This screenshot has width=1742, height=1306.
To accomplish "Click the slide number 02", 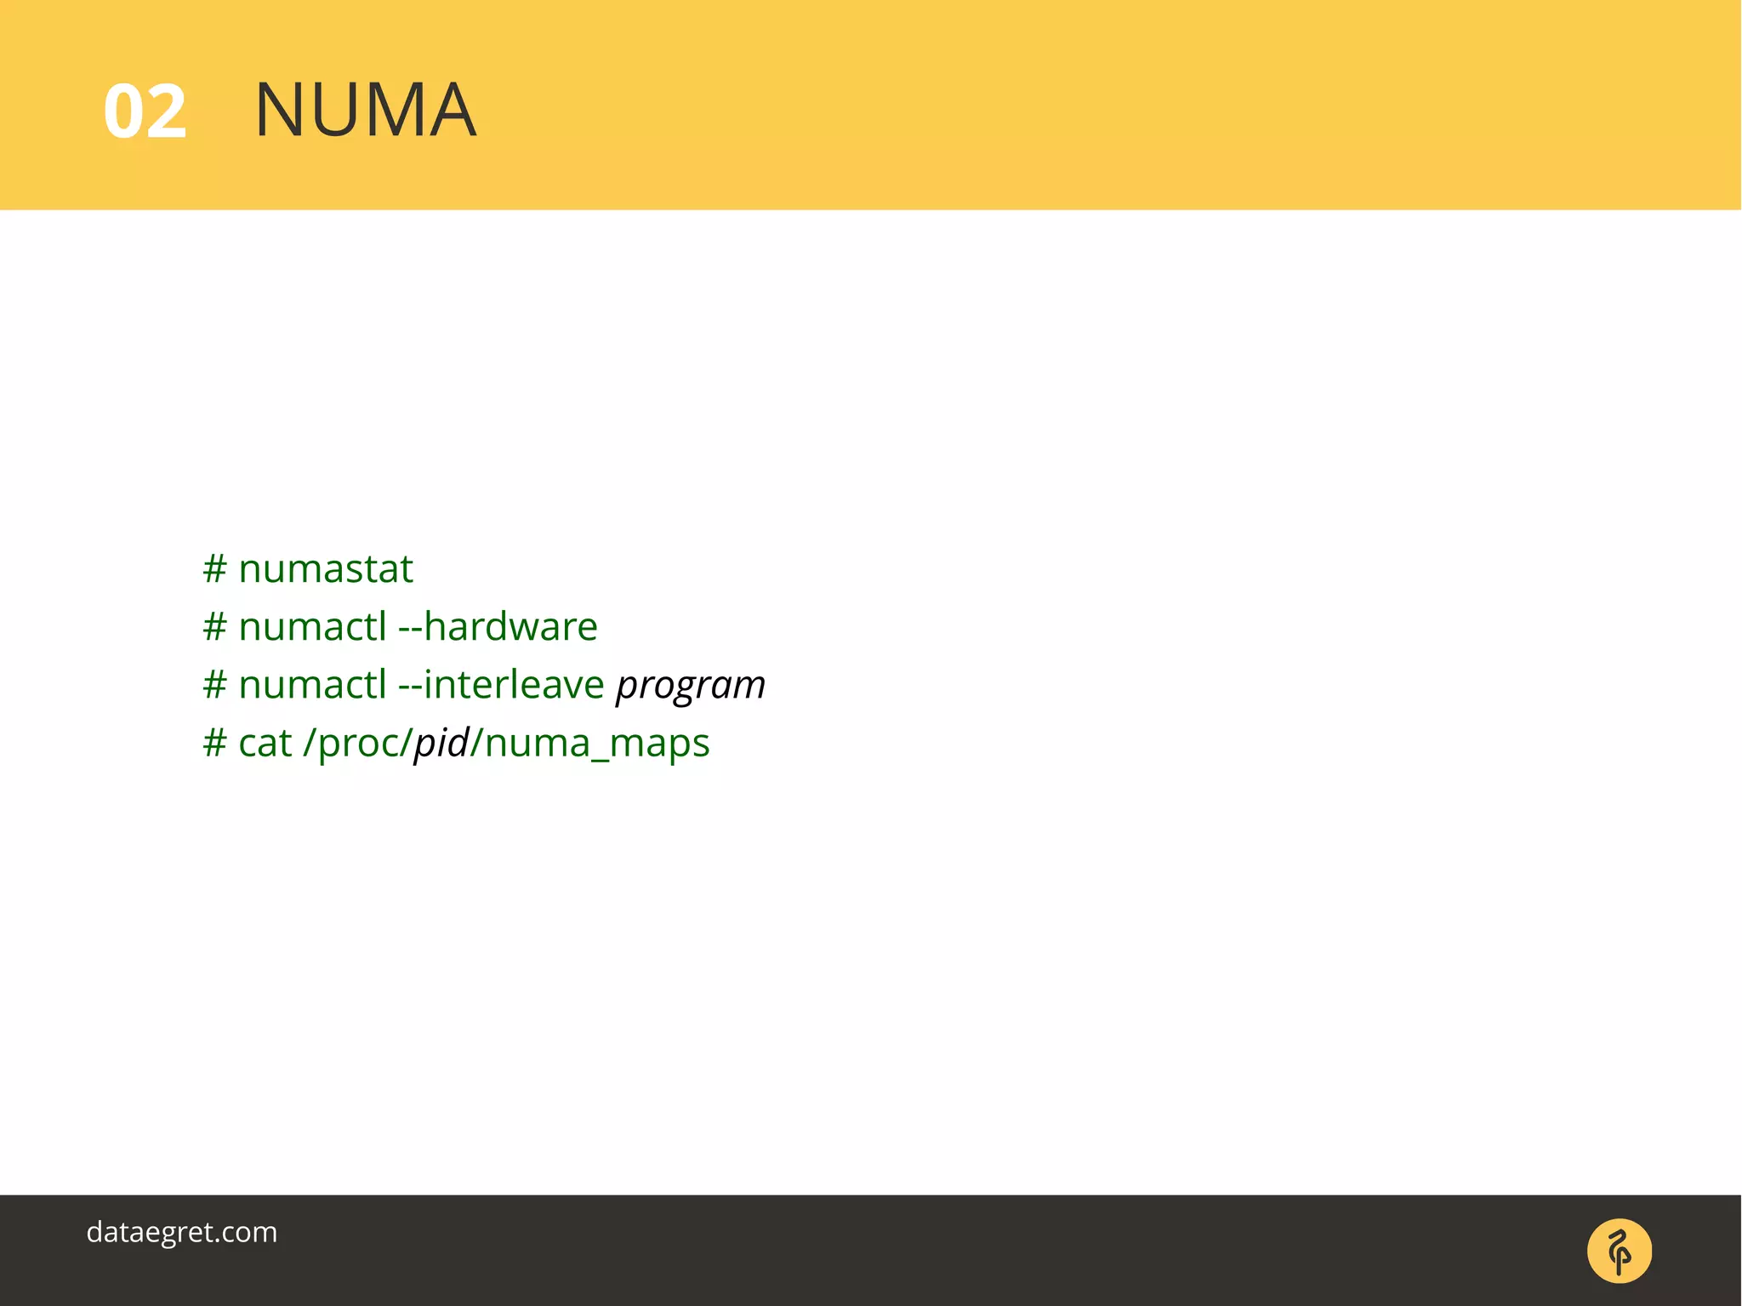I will [x=145, y=111].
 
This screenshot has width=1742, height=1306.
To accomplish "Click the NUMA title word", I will [x=365, y=110].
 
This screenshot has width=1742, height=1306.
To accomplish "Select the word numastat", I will [x=326, y=569].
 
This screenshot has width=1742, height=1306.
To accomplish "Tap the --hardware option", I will [x=498, y=627].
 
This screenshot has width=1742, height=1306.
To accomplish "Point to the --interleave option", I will [x=501, y=685].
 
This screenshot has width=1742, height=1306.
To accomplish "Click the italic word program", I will [x=691, y=686].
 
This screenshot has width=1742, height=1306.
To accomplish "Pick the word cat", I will [x=265, y=743].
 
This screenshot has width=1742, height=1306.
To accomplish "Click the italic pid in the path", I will [x=441, y=743].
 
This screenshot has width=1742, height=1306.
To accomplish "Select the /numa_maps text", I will [x=590, y=743].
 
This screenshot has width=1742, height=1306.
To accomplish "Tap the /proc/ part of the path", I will [x=358, y=743].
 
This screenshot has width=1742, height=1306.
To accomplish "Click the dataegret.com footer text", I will [x=182, y=1232].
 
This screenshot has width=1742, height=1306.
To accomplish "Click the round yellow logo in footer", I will [x=1619, y=1251].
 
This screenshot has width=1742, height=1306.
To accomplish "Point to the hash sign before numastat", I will [x=214, y=569].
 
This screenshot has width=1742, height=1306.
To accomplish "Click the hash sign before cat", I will [x=214, y=743].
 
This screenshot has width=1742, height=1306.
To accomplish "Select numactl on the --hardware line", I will [x=312, y=627].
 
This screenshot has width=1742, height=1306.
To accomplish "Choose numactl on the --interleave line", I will [x=312, y=685].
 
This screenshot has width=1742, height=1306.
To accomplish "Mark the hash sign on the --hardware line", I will [x=214, y=627].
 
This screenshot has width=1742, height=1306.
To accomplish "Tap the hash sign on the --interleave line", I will [x=214, y=685].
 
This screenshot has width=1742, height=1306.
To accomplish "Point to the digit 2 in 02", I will [x=167, y=111].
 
